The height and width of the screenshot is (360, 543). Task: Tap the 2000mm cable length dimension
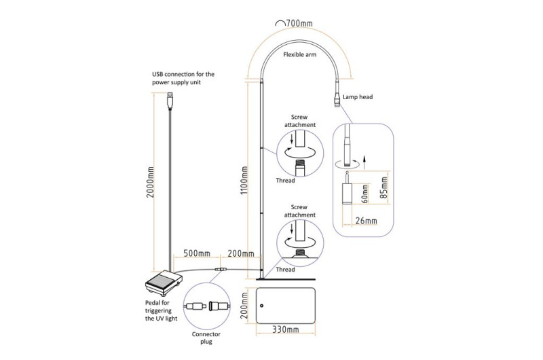pos(150,182)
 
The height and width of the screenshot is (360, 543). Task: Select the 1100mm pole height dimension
pos(244,180)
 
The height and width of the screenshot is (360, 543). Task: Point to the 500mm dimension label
pos(197,253)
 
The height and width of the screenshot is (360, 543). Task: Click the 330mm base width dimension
pos(285,329)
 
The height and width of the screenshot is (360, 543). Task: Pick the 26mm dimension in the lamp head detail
pos(366,221)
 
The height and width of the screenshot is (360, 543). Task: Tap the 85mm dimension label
pos(383,187)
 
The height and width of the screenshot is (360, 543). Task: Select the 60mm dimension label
pos(364,194)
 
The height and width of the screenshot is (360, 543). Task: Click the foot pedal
pos(164,281)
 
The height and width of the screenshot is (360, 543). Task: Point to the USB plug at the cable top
pos(170,100)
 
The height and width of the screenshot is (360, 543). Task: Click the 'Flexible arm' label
pos(299,54)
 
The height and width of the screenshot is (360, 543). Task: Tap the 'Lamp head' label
pos(358,97)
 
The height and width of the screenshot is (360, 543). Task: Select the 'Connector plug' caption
pos(206,338)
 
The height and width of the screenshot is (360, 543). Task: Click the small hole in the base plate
pos(262,306)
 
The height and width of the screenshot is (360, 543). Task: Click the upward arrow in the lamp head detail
pos(364,162)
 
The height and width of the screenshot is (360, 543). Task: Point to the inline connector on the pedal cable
pos(220,269)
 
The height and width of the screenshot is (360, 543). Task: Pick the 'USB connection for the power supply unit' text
pos(183,78)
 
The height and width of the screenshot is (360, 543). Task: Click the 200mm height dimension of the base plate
pos(244,306)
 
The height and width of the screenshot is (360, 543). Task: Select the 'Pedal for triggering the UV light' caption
pos(161,311)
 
